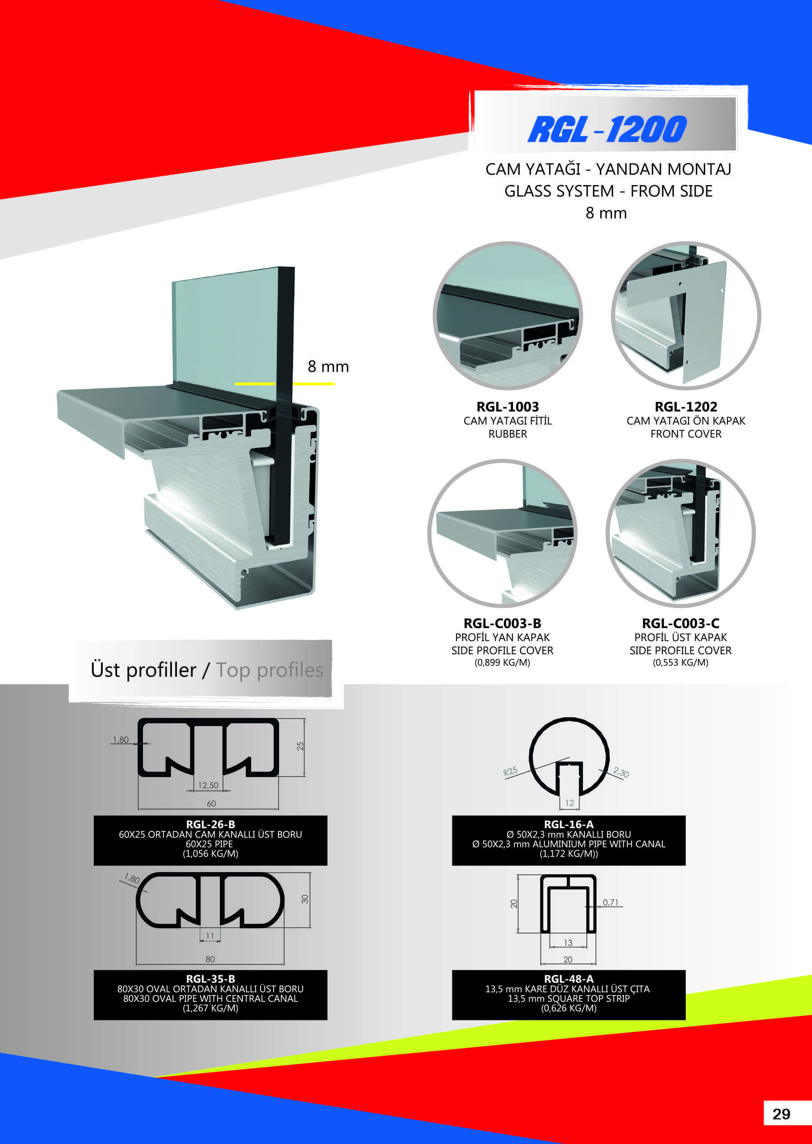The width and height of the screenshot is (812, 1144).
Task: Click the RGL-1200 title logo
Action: point(607,129)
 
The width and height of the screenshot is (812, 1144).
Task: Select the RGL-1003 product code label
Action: point(508,407)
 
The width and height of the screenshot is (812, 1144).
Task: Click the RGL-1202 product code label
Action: point(686,407)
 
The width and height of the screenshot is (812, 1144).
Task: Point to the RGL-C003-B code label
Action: point(502,623)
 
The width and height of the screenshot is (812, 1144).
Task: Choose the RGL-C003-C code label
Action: point(680,623)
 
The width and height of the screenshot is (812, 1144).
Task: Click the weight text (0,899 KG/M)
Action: point(502,663)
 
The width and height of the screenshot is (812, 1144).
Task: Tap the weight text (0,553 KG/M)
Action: point(680,663)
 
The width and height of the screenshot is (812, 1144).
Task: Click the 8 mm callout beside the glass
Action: point(328,367)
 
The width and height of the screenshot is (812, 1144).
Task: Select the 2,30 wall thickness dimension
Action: point(621,772)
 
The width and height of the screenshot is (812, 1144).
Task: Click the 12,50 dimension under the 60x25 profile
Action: point(208,785)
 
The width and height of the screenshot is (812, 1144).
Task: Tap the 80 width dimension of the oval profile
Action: point(210,959)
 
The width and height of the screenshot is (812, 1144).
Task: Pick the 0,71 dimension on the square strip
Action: point(611,902)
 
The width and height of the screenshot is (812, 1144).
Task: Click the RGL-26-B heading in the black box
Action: point(210,825)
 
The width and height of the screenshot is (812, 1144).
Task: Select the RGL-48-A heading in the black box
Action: point(569,979)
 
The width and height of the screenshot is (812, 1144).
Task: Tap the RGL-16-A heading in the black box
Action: point(569,825)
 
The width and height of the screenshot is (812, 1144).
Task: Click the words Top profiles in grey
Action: point(270,670)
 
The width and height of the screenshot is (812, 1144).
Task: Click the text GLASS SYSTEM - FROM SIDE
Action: point(608,191)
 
